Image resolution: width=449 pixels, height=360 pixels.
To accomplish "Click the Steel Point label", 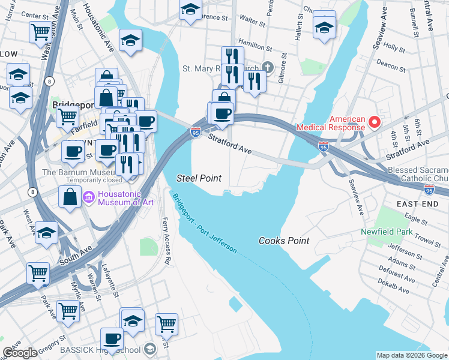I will click(199, 178).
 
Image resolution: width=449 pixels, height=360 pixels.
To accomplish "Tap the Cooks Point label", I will click(284, 241).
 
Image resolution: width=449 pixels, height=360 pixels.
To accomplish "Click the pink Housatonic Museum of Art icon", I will click(88, 196).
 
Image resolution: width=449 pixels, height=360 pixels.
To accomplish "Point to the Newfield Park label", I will click(387, 232).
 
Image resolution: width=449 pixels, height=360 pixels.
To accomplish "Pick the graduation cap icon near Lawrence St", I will click(190, 10).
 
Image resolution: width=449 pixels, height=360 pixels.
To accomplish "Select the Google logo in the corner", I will click(20, 352).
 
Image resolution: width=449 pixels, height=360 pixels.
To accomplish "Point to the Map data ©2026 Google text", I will click(412, 355).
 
